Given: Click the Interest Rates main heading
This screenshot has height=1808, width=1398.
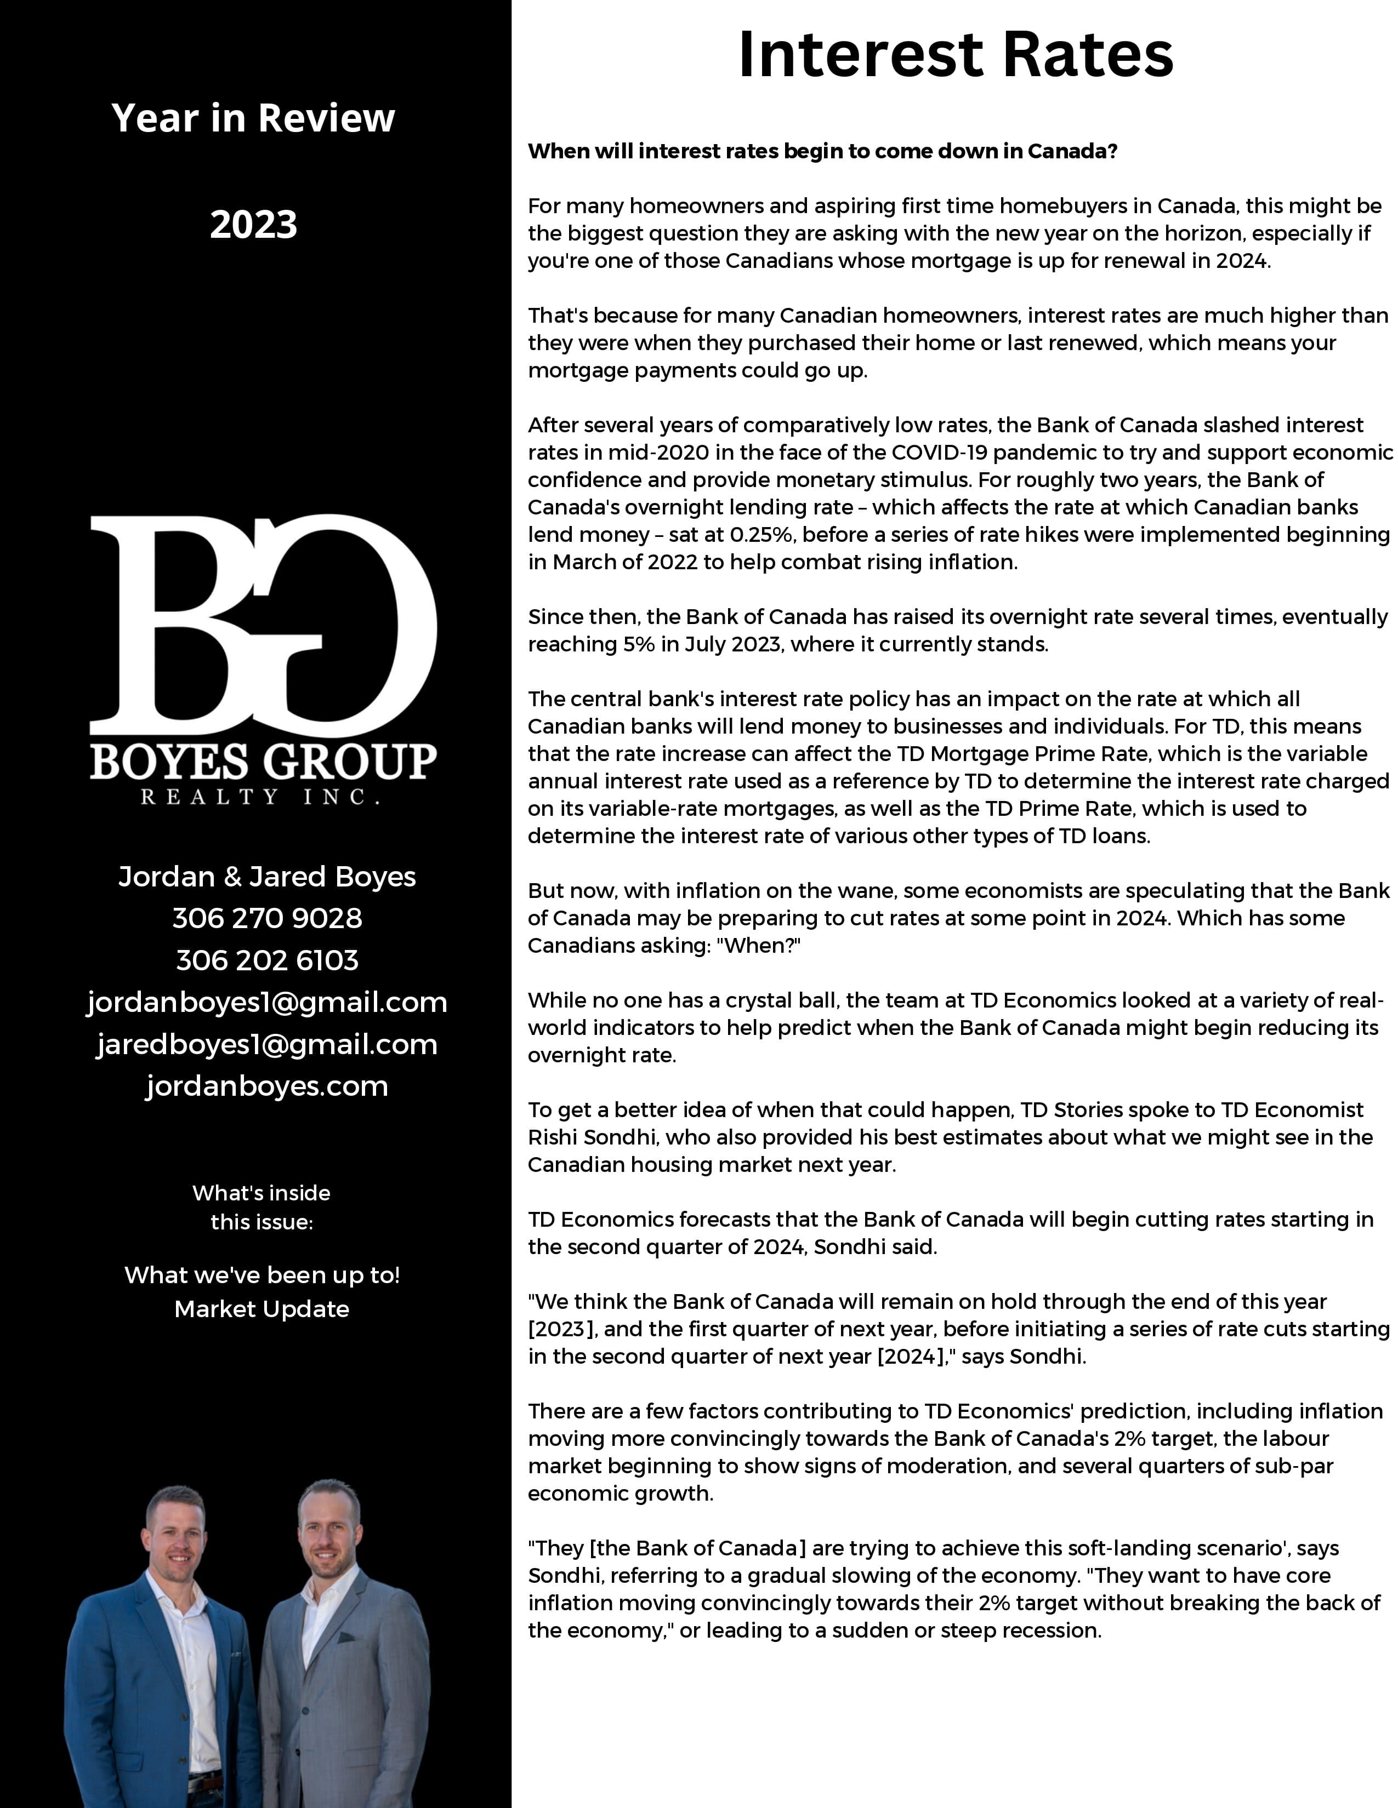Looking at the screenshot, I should (x=955, y=55).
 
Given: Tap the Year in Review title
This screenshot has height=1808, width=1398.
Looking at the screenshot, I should (x=253, y=118).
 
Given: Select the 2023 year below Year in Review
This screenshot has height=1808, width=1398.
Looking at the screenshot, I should (x=253, y=224).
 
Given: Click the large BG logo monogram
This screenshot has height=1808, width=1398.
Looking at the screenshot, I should (x=263, y=625).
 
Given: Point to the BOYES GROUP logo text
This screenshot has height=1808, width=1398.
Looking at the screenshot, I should (x=263, y=762).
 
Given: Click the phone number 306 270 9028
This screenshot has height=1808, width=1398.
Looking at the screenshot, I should (x=266, y=918).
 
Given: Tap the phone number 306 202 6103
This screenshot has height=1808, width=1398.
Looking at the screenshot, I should (x=266, y=960).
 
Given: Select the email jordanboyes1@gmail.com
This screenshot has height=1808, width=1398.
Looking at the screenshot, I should (x=266, y=1003).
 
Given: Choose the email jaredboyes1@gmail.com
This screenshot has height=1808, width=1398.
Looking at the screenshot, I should (x=266, y=1045).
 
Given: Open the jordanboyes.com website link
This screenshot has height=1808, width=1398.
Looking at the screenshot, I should (x=266, y=1086).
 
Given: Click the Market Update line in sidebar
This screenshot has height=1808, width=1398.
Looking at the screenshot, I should (x=262, y=1309).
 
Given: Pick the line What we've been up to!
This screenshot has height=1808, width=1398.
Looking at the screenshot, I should (x=262, y=1275).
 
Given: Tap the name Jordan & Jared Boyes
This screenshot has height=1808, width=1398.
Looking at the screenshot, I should (x=266, y=877).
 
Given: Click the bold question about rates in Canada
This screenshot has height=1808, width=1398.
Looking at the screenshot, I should (x=822, y=152).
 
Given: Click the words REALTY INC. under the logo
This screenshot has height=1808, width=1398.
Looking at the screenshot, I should (x=260, y=797).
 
